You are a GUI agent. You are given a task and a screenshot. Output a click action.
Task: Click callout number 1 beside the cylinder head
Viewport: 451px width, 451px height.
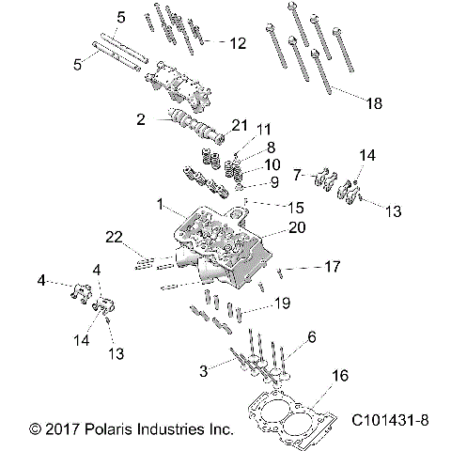pyautogui.click(x=162, y=203)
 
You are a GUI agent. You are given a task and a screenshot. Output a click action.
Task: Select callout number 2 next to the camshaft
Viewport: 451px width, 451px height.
pyautogui.click(x=140, y=119)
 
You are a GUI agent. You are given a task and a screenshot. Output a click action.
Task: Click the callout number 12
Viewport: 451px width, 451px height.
pyautogui.click(x=237, y=43)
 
